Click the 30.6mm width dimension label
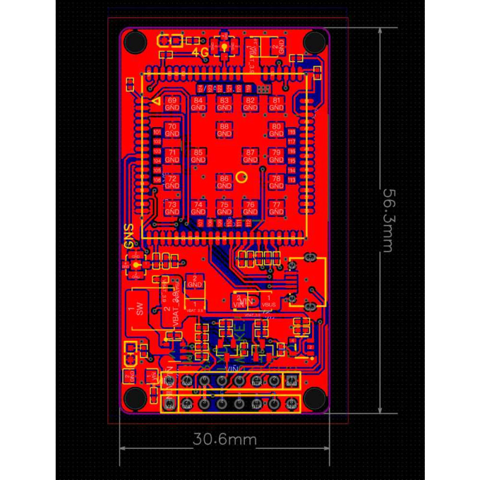224,439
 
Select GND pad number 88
224,130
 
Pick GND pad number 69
172,103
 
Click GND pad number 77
277,208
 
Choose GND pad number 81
277,103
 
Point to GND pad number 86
224,182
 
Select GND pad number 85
198,156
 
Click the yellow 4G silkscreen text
200,52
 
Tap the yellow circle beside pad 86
242,176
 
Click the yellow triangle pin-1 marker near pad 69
157,102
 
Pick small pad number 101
157,132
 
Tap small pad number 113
292,180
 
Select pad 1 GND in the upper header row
292,380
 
